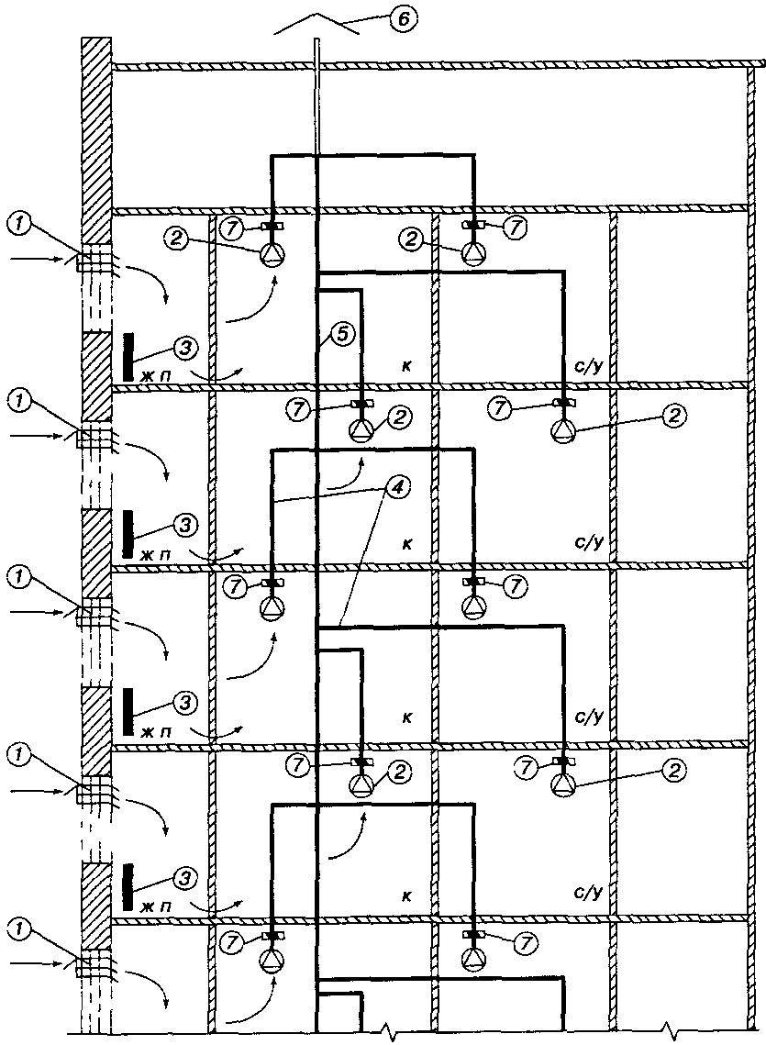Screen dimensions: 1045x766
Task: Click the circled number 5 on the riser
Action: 340,336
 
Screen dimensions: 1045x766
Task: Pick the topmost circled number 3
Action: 184,347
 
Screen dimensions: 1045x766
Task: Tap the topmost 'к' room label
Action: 405,366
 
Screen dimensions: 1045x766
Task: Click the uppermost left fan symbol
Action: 272,252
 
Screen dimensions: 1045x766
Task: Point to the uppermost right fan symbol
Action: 473,252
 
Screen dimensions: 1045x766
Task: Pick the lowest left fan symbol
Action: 272,961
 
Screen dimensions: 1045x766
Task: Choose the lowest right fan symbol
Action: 473,961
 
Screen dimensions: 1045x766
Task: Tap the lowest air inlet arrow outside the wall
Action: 37,963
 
